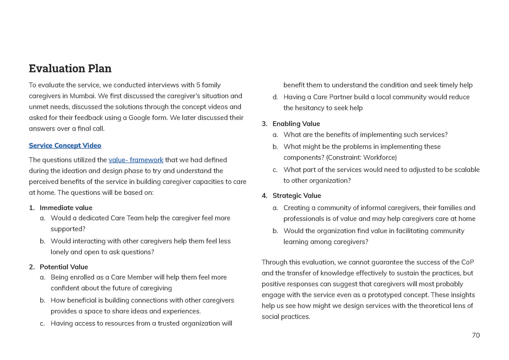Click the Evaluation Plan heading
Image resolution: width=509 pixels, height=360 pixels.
pyautogui.click(x=70, y=68)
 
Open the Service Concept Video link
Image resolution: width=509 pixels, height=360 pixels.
pyautogui.click(x=65, y=146)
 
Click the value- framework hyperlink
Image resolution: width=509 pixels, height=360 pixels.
pyautogui.click(x=136, y=160)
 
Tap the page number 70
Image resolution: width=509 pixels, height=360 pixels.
pyautogui.click(x=476, y=335)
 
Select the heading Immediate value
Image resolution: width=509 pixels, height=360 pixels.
pyautogui.click(x=66, y=208)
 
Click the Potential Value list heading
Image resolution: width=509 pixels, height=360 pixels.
pyautogui.click(x=64, y=267)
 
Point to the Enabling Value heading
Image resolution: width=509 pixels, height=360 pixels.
pyautogui.click(x=296, y=124)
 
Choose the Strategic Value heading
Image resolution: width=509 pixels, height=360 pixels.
pyautogui.click(x=297, y=195)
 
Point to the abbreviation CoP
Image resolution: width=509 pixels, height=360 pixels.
pyautogui.click(x=467, y=262)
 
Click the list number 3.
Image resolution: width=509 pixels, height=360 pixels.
pyautogui.click(x=264, y=124)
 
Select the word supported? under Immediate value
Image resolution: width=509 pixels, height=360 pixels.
pyautogui.click(x=68, y=229)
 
